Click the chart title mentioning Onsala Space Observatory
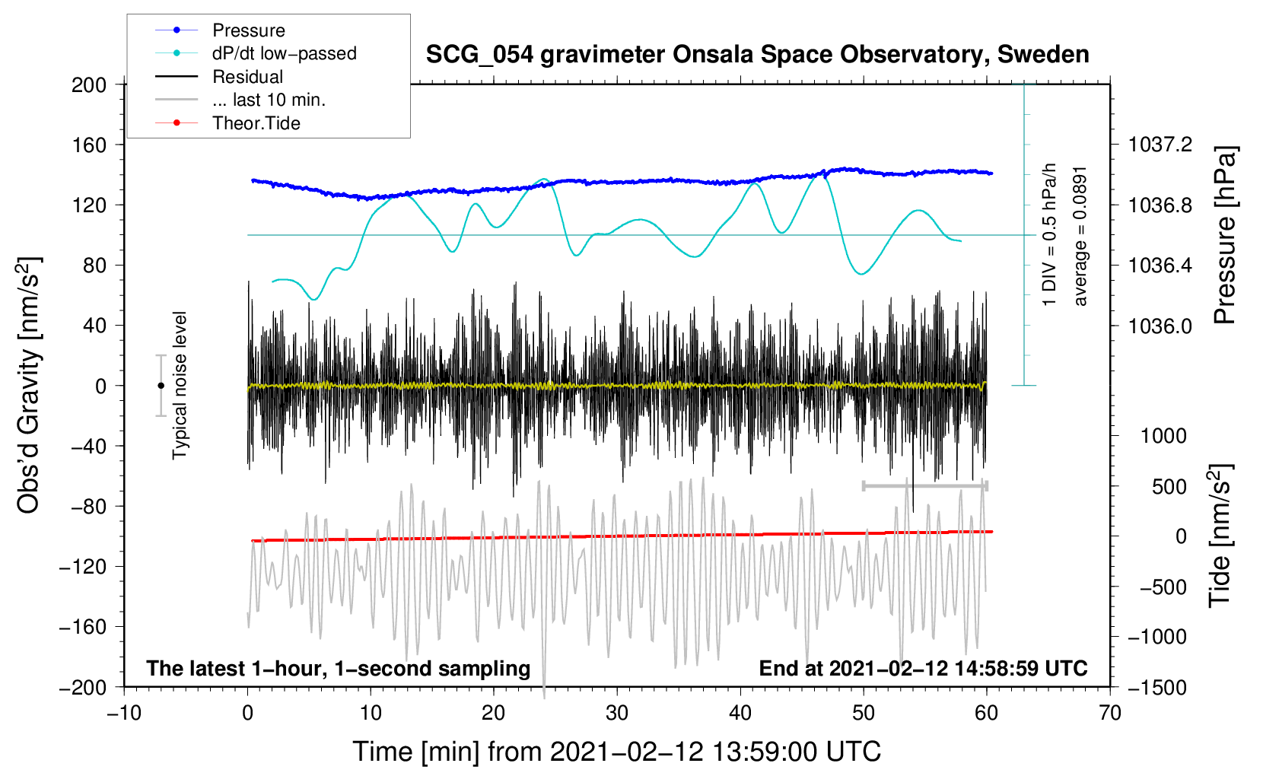[757, 55]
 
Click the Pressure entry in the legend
[248, 30]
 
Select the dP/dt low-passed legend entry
[284, 53]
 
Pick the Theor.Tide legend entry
[256, 123]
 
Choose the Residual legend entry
[247, 77]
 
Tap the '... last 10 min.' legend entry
[269, 100]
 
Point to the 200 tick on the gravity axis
[89, 84]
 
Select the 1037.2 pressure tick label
[1160, 145]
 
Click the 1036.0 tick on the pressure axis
[1160, 326]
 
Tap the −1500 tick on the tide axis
[1157, 687]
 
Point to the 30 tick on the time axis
[617, 713]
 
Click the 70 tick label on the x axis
[1110, 713]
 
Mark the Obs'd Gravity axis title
[29, 385]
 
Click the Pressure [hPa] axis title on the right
[1224, 235]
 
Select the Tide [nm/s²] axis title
[1220, 536]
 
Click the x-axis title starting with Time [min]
[616, 752]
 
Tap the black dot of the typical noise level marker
[161, 386]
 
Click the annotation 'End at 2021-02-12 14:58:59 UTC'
[923, 668]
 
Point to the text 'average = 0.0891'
[1080, 236]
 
